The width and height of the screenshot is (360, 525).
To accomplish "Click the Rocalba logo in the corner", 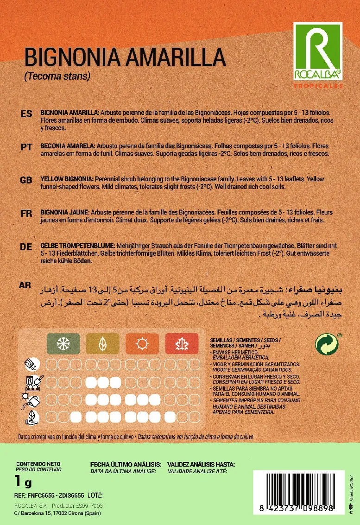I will [318, 53].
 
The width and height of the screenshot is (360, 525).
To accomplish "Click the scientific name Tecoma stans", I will [57, 76].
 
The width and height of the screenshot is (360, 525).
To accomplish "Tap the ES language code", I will [26, 114].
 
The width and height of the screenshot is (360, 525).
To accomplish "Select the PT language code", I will [26, 146].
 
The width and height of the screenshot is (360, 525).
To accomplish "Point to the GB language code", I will [26, 180].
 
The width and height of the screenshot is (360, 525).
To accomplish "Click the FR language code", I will [26, 214].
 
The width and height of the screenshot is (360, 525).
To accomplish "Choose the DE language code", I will [26, 247].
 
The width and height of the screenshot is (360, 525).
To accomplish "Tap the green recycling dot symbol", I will [327, 344].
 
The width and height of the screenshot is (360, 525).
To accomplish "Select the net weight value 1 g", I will [23, 482].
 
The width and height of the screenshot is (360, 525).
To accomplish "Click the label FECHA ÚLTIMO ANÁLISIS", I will [126, 464].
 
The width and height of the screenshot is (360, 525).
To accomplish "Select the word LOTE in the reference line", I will [95, 495].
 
